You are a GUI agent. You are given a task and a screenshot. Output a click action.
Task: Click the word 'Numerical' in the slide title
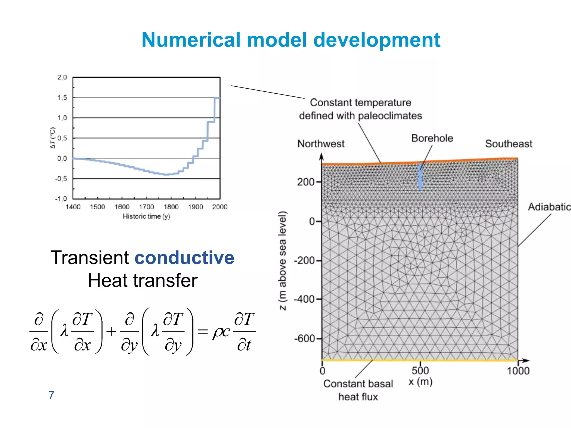pos(191,40)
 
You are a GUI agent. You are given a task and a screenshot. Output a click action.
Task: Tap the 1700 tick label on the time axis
pos(147,207)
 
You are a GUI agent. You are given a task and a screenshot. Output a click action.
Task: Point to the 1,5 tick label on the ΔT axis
pos(62,98)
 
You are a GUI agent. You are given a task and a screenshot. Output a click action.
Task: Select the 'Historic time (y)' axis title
pos(146,217)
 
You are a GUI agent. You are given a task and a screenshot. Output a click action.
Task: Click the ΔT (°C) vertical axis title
pos(52,138)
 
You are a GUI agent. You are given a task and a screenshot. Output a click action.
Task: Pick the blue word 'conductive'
pos(184,257)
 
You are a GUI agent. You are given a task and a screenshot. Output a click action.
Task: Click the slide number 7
pos(52,395)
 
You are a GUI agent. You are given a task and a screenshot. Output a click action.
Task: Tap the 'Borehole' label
pos(432,138)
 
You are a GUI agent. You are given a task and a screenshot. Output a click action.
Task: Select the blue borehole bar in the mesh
pos(420,177)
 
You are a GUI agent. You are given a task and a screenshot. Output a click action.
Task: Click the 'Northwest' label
pos(321,144)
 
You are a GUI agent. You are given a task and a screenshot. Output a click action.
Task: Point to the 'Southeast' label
pos(509,144)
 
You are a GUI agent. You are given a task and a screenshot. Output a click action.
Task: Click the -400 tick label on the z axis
pos(304,300)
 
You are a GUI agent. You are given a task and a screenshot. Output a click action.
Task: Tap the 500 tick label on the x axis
pos(420,371)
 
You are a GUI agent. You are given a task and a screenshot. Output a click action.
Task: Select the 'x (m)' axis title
pos(420,382)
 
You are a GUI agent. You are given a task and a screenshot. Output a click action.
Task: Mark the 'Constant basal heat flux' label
pos(358,390)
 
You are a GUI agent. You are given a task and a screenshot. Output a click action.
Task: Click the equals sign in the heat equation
pos(203,332)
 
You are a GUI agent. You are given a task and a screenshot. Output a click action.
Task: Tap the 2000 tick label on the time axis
pos(220,207)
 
